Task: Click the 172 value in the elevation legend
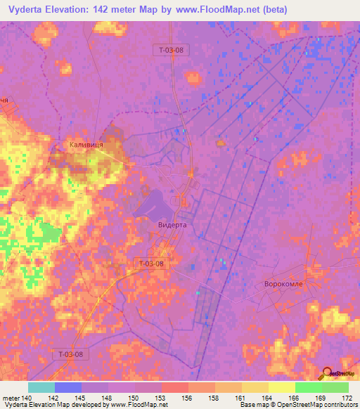point(346,397)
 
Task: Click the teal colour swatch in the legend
point(41,387)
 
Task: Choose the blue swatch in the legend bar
point(68,387)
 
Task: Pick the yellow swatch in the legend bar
point(281,387)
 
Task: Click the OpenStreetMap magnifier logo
point(326,373)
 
